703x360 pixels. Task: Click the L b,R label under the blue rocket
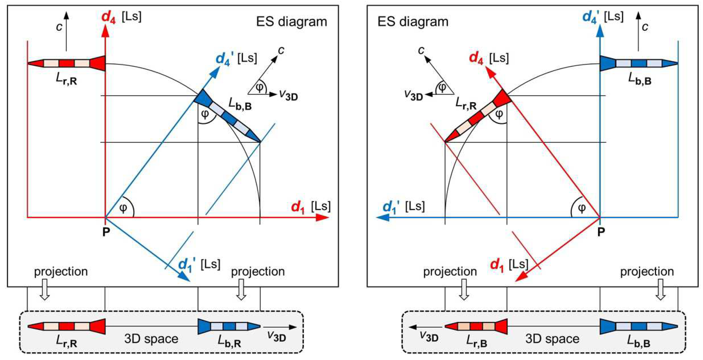coord(229,341)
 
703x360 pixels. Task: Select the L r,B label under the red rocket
coord(476,341)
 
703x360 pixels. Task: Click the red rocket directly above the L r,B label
coord(476,326)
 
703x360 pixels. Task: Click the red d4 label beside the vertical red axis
coord(108,17)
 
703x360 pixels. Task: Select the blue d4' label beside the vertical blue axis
coord(591,17)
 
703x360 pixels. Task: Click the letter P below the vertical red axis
coord(106,232)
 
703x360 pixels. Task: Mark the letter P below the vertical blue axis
coord(601,232)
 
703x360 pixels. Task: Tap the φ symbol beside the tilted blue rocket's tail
coord(205,114)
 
